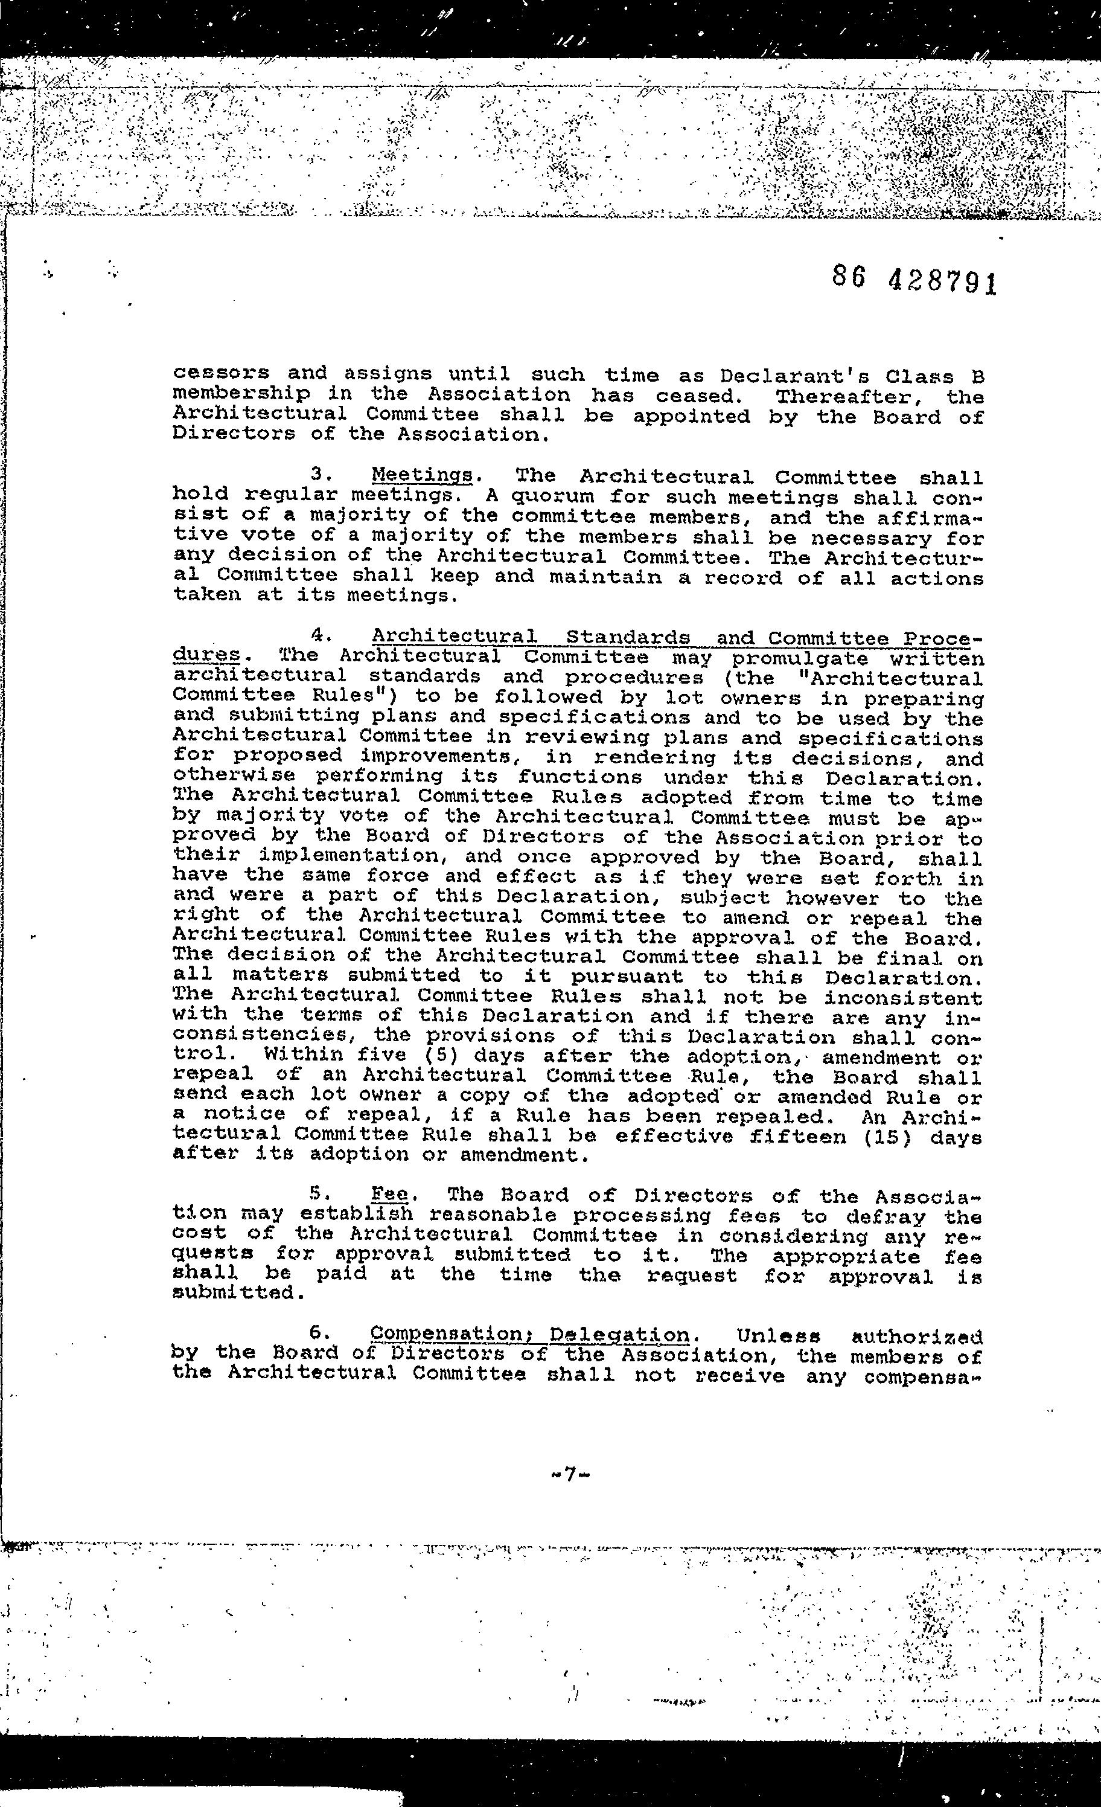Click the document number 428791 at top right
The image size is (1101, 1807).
[x=942, y=280]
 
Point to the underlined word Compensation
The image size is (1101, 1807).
[x=455, y=1334]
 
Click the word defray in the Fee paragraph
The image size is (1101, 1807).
[x=883, y=1216]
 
